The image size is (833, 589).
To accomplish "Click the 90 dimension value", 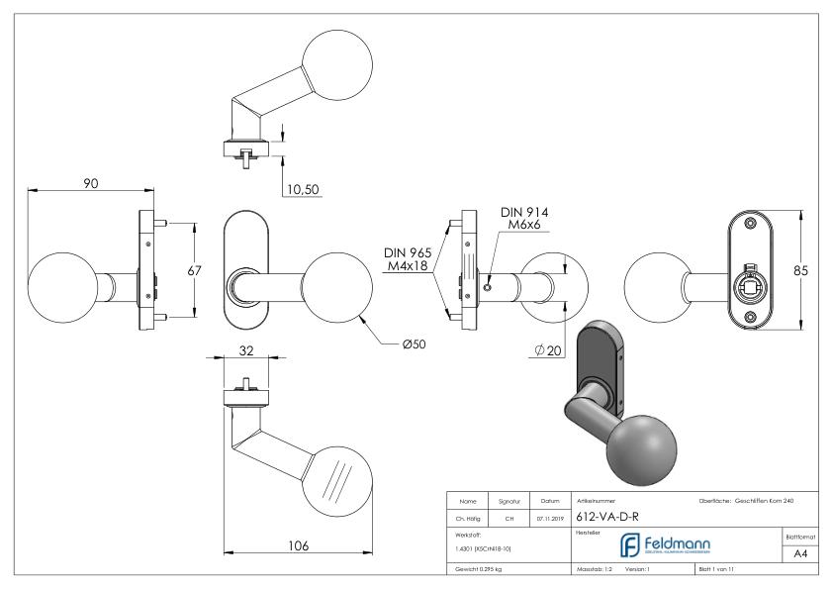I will point(91,184).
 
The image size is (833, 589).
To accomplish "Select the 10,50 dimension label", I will point(302,190).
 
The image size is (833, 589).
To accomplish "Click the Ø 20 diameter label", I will point(548,350).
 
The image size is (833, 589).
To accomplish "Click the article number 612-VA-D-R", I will point(606,515).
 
